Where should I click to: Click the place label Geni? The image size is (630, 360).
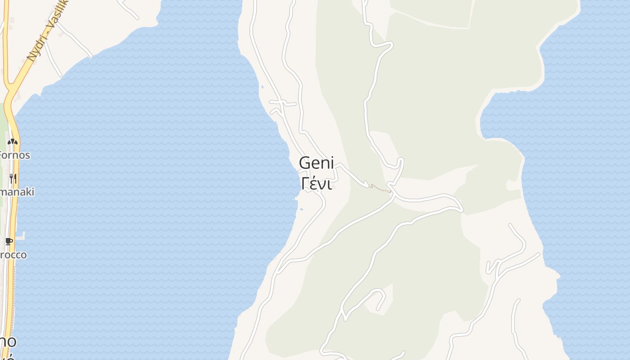tap(316, 163)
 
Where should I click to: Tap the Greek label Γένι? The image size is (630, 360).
tap(317, 184)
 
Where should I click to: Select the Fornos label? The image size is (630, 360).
tap(14, 155)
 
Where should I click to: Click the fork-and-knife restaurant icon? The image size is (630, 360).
tap(13, 179)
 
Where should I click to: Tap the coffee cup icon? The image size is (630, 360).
tap(9, 241)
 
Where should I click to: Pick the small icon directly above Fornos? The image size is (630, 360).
tap(13, 141)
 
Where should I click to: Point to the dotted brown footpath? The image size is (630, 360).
tap(381, 189)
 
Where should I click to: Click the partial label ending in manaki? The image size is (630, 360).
tap(17, 192)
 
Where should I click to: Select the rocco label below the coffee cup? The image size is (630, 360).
tap(13, 255)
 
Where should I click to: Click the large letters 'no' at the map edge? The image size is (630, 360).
tap(8, 341)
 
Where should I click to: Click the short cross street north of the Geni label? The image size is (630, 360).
tap(283, 103)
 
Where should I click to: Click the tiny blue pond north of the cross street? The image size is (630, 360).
tap(262, 86)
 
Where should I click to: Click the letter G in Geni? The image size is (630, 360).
tap(305, 163)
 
